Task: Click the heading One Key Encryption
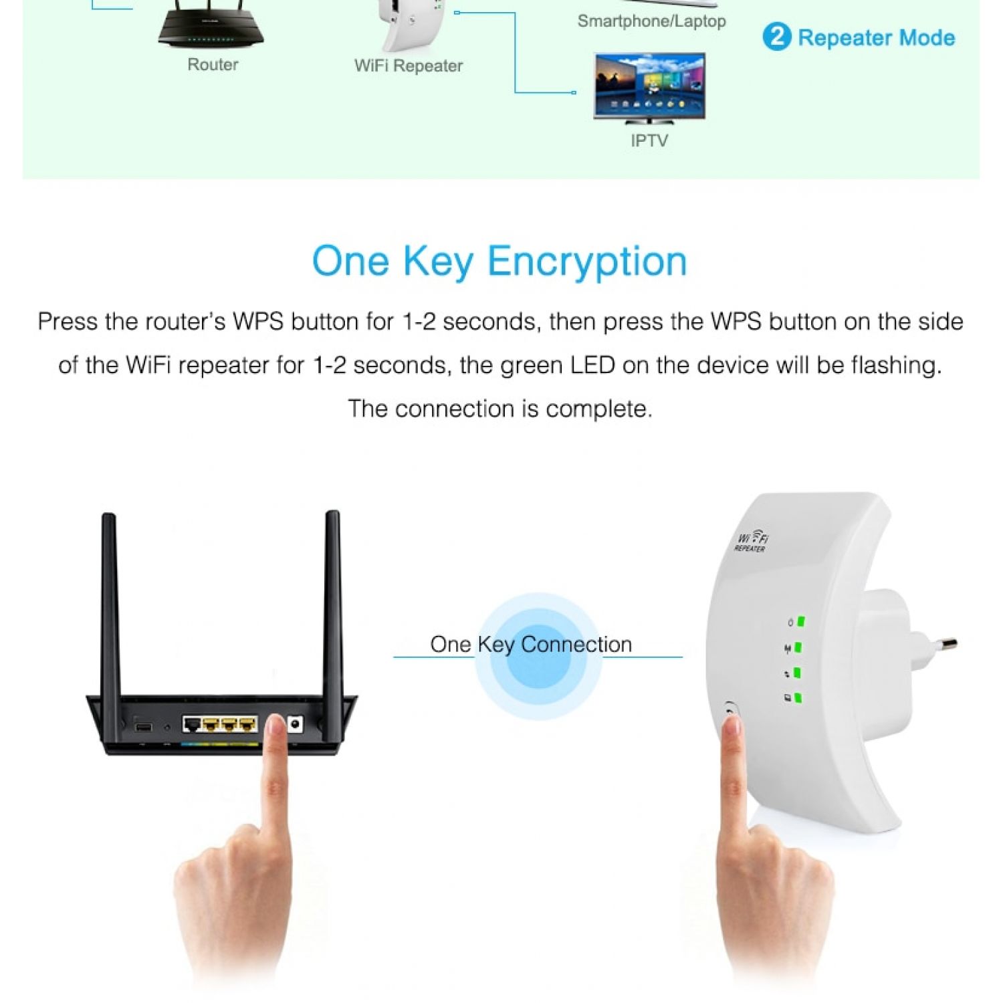(x=499, y=261)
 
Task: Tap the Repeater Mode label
(x=876, y=37)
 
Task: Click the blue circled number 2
(x=776, y=37)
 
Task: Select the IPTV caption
(x=649, y=140)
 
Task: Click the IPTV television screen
(x=649, y=86)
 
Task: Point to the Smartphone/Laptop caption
(x=651, y=21)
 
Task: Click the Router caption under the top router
(x=213, y=65)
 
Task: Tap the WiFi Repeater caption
(x=408, y=66)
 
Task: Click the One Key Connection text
(x=531, y=645)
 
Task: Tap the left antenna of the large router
(x=110, y=602)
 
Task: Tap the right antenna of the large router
(x=333, y=602)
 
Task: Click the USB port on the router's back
(x=143, y=726)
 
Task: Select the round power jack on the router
(x=295, y=723)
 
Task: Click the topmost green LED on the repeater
(x=800, y=621)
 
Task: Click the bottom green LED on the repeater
(x=798, y=698)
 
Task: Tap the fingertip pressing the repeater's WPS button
(x=730, y=726)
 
